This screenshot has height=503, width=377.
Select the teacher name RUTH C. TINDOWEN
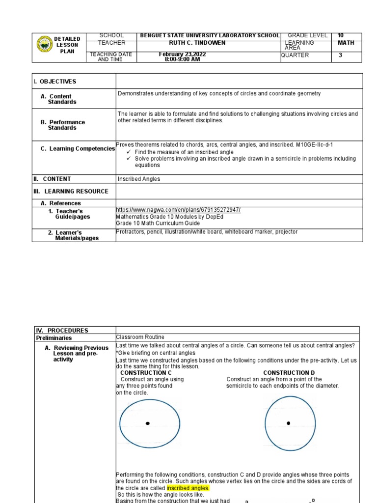click(x=197, y=43)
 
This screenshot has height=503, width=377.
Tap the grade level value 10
click(x=341, y=35)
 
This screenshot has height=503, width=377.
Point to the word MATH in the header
click(x=346, y=43)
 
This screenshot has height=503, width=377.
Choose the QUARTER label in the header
click(x=295, y=55)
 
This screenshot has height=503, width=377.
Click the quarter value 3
click(x=340, y=56)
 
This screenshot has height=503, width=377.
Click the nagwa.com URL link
click(x=178, y=210)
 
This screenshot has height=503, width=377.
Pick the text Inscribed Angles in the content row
click(x=139, y=179)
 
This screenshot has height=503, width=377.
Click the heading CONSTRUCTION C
click(x=146, y=373)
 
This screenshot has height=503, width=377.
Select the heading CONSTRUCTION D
click(x=289, y=373)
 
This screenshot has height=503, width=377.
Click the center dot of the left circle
click(x=147, y=423)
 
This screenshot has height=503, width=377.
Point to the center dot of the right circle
click(x=288, y=423)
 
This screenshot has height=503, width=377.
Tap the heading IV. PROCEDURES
click(x=62, y=331)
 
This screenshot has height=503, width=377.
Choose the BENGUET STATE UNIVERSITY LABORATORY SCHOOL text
click(x=210, y=35)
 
